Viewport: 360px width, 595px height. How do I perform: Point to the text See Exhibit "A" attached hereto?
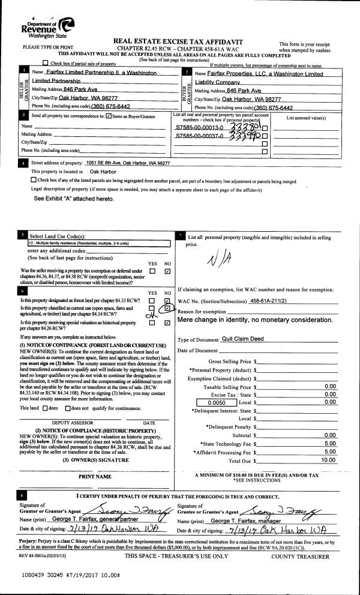point(73,198)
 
